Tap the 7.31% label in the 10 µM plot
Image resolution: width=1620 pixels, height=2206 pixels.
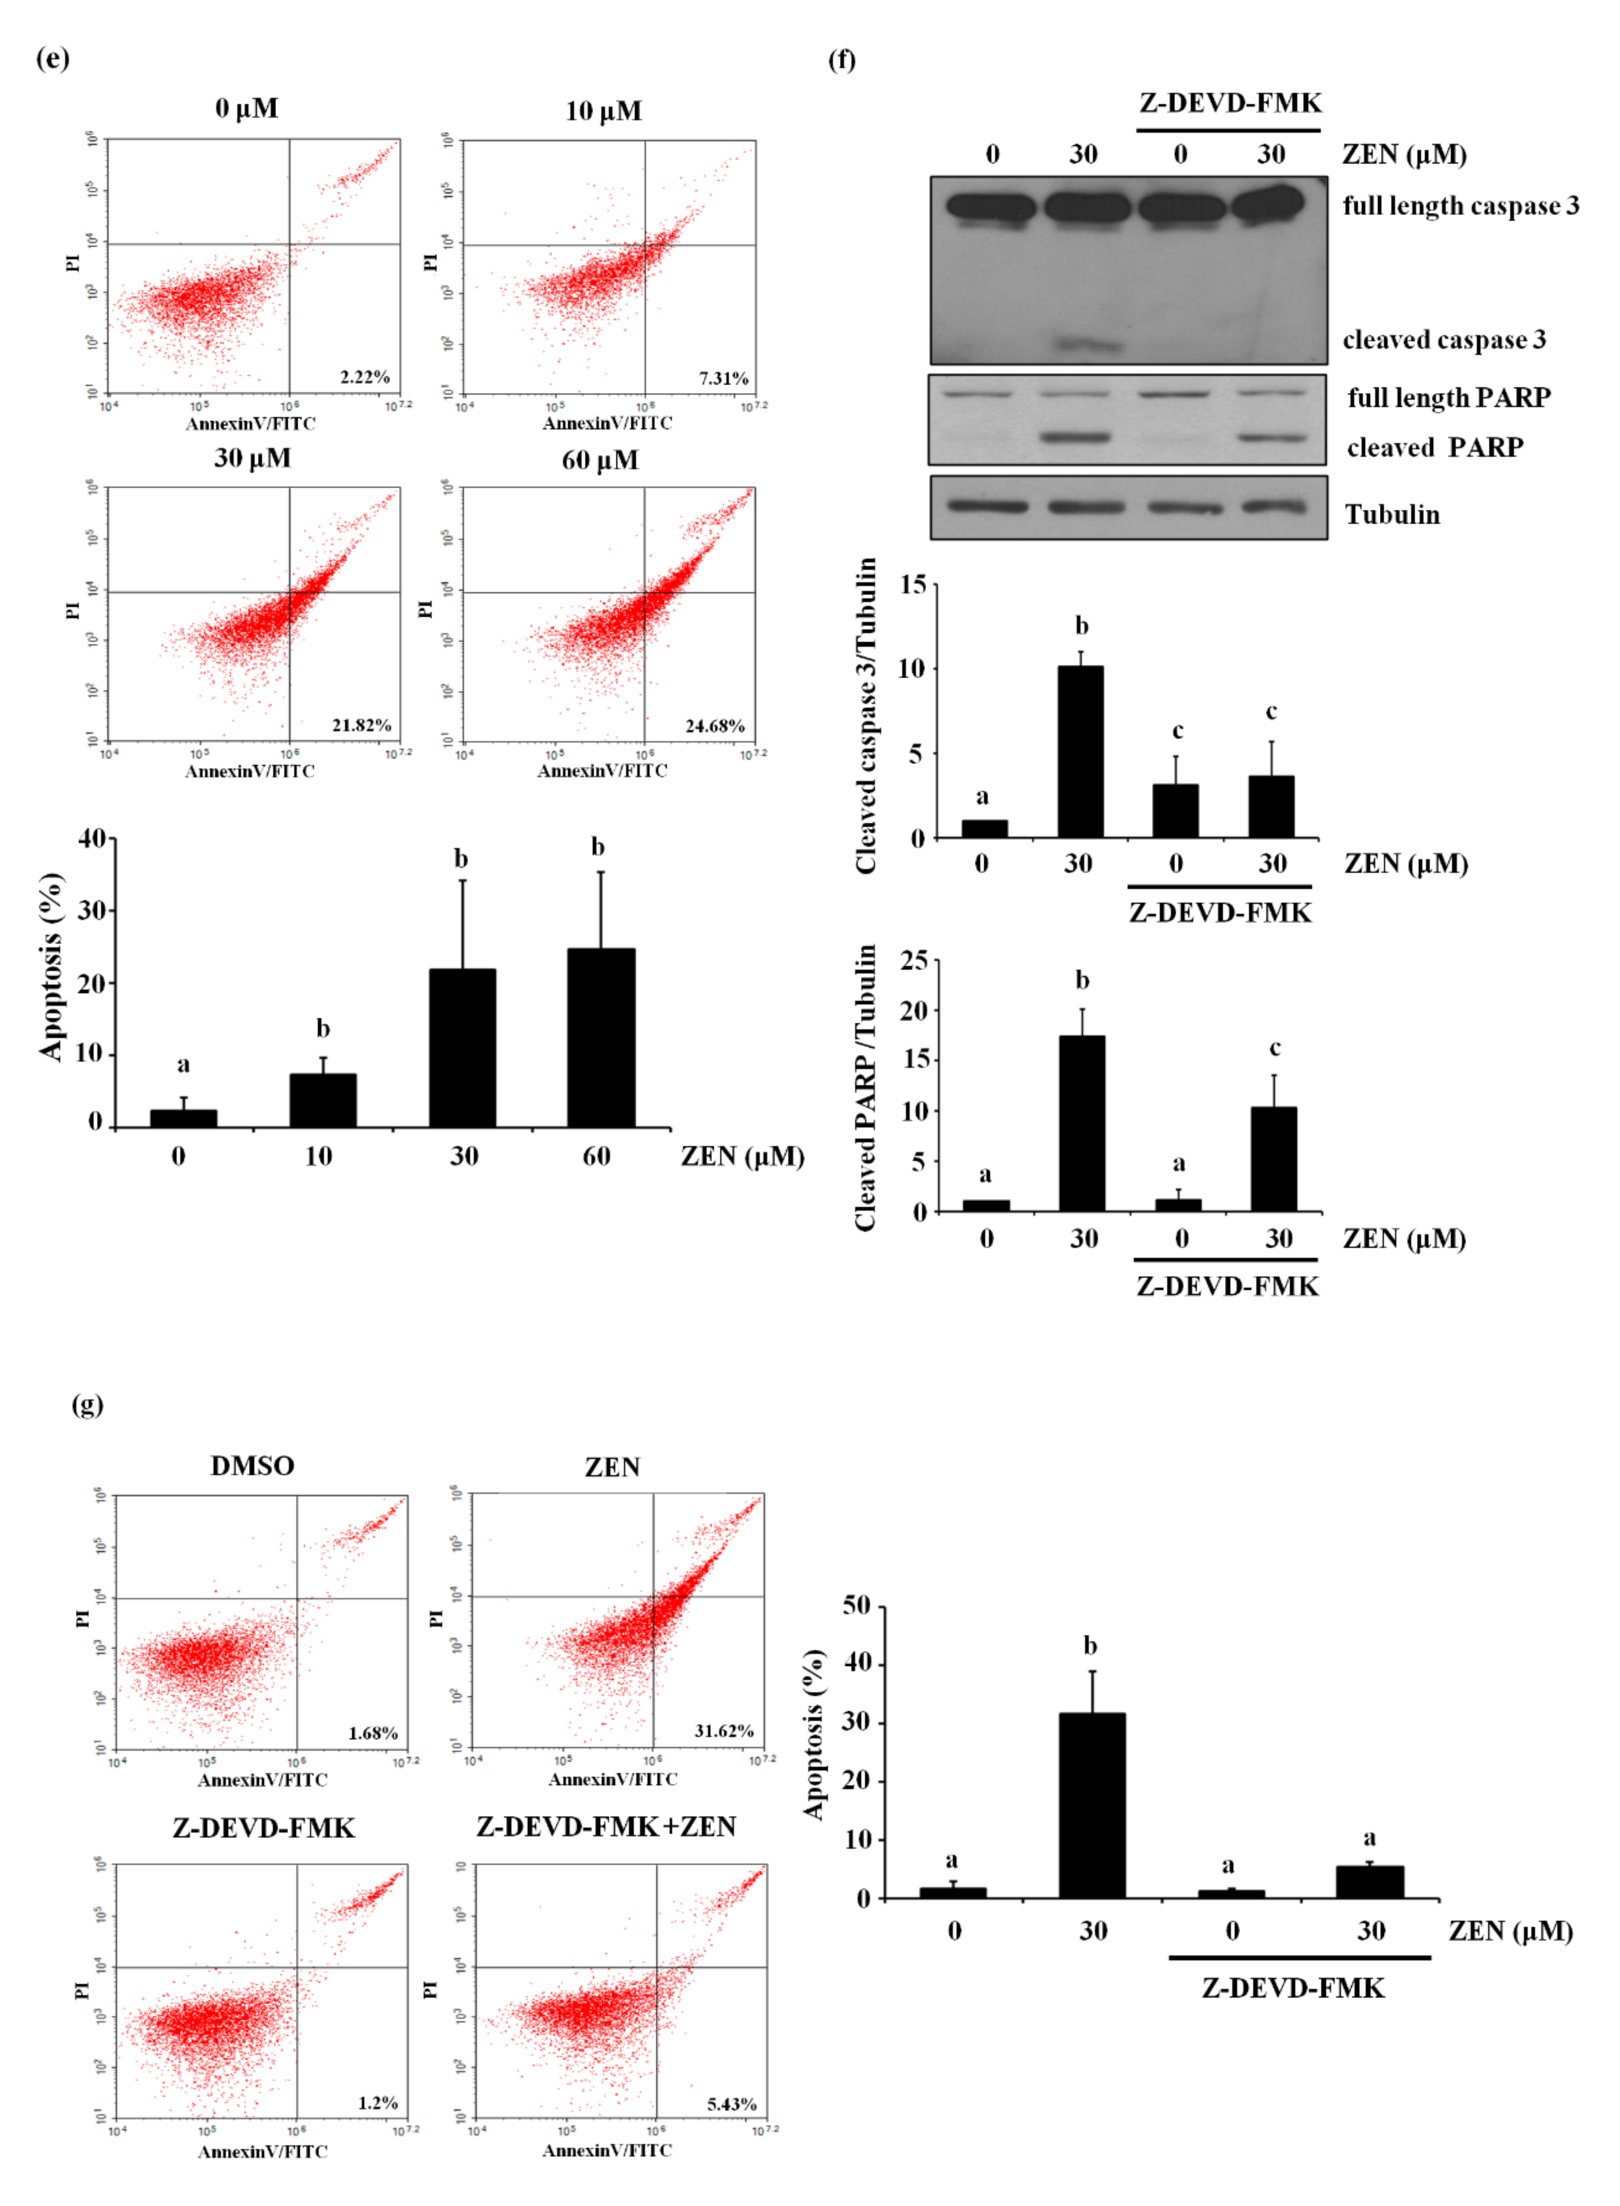(724, 378)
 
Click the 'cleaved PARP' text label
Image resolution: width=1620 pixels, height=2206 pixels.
(1435, 447)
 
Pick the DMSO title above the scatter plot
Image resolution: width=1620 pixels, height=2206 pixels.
(252, 1466)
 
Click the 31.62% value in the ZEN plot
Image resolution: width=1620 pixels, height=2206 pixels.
(724, 1730)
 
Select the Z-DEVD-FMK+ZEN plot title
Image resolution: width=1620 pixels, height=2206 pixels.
(606, 1826)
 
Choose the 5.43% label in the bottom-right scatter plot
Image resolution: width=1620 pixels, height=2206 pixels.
(731, 2104)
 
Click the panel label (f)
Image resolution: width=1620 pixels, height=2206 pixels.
(841, 61)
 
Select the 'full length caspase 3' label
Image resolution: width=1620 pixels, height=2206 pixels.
(1460, 206)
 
